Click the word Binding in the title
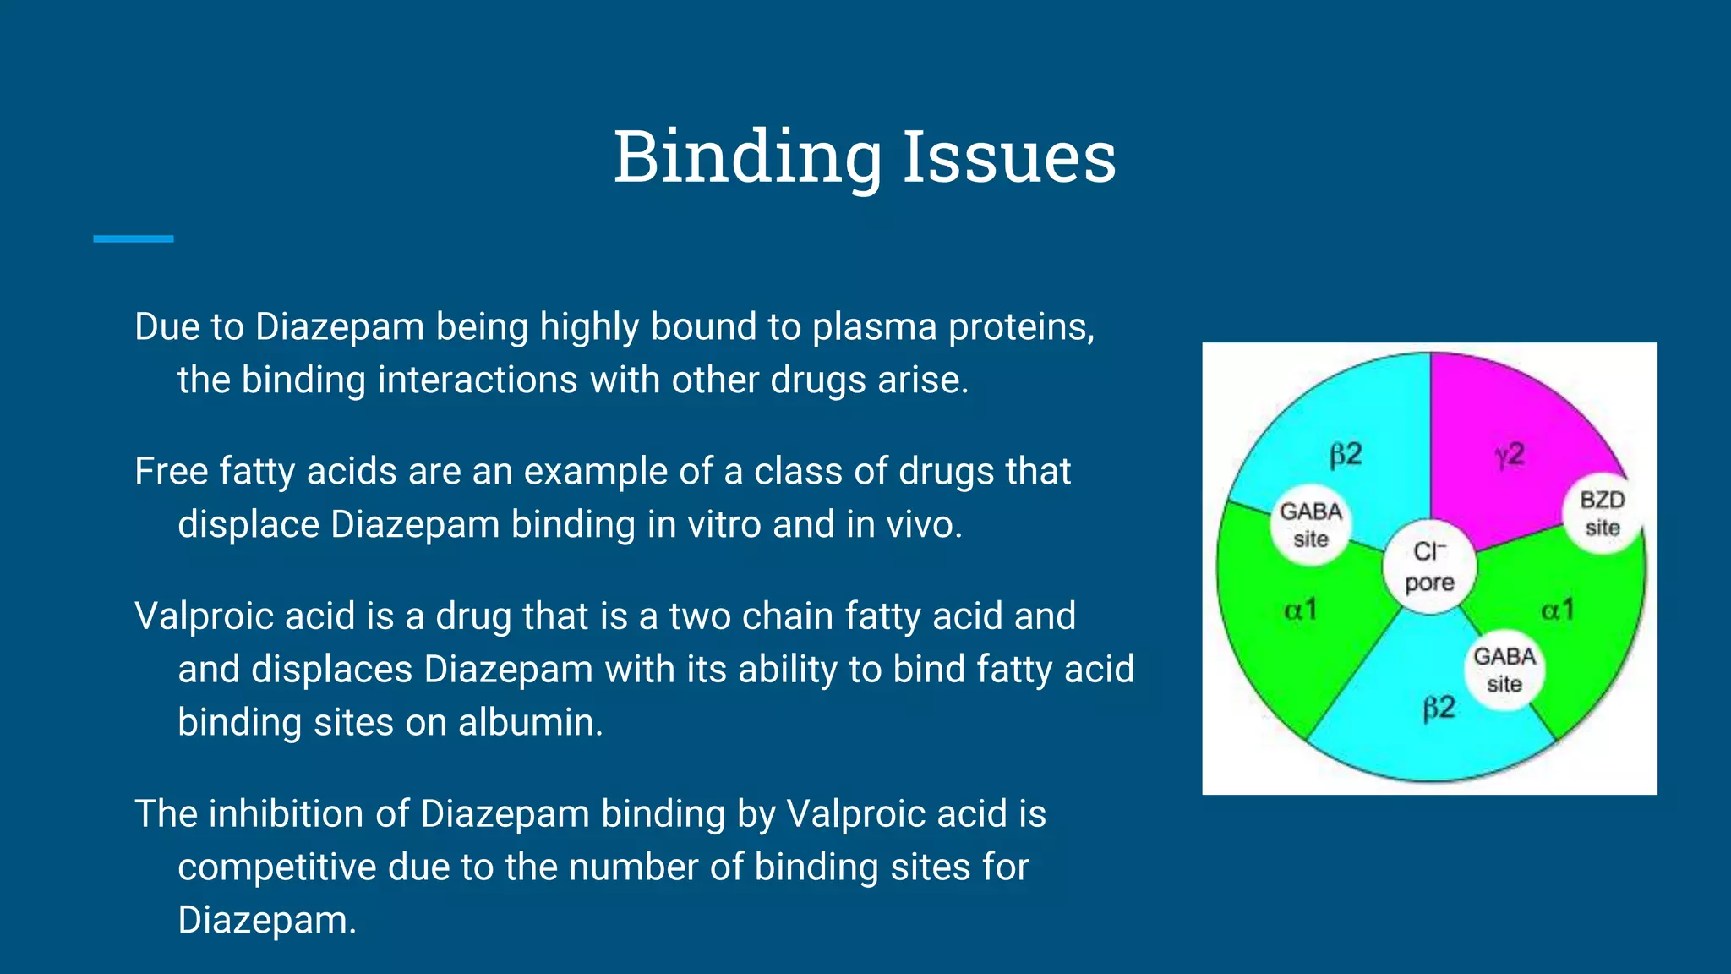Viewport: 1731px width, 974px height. point(747,157)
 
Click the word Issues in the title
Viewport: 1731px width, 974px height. point(1009,157)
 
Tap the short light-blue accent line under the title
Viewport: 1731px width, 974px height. point(134,239)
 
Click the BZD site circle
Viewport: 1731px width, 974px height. point(1602,513)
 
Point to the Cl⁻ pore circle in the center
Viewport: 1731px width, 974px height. point(1430,566)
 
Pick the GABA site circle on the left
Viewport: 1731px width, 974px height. point(1310,525)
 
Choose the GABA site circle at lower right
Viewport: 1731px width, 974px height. point(1504,670)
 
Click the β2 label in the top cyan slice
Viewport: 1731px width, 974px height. point(1346,455)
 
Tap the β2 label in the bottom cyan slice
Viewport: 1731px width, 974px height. point(1439,707)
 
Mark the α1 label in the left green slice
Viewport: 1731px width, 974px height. point(1301,610)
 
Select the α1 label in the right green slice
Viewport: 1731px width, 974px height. point(1558,610)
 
